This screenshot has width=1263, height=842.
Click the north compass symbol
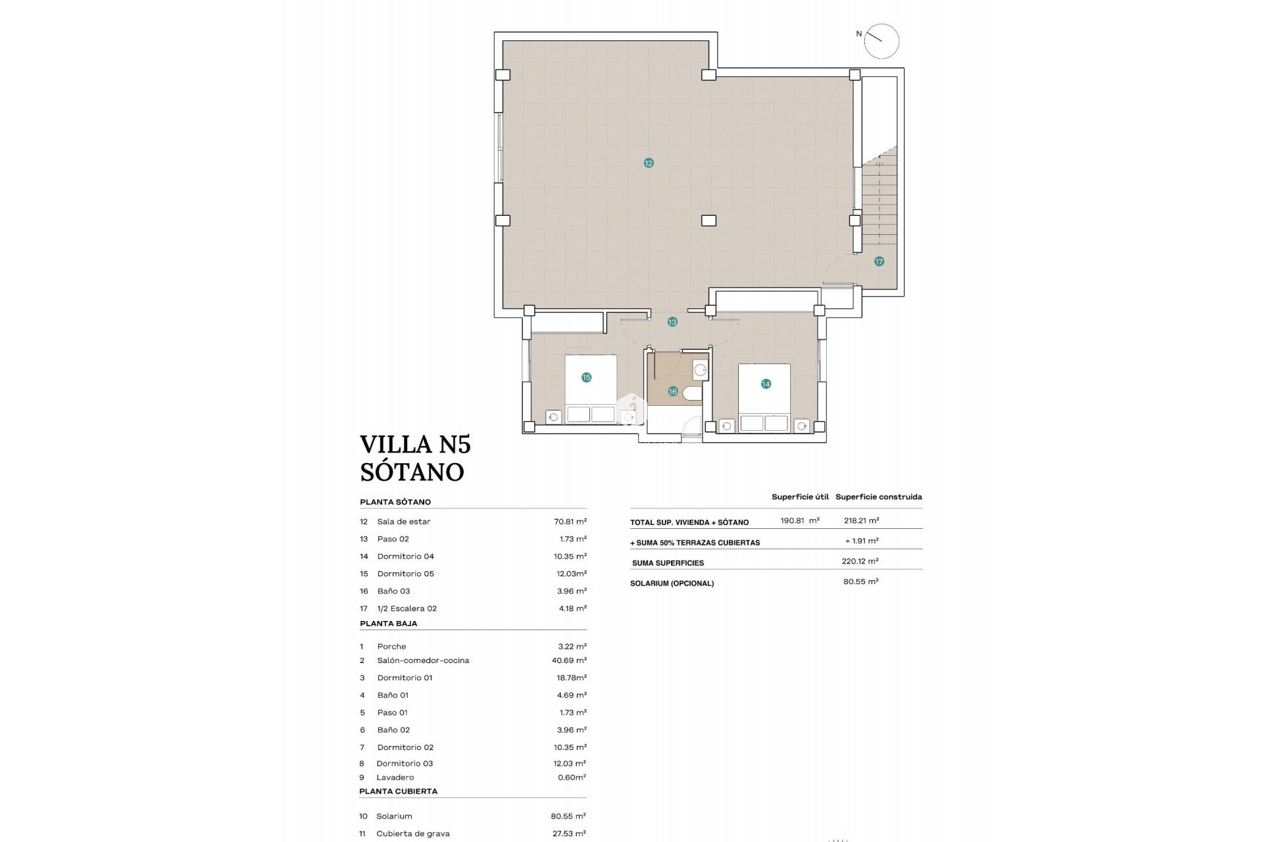pos(881,41)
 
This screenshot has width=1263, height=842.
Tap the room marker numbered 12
pos(649,163)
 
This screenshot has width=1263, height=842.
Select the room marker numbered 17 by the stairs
pos(879,262)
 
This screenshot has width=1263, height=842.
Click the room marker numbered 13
pos(672,322)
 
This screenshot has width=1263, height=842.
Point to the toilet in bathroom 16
pos(693,393)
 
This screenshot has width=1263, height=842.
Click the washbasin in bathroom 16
pos(700,370)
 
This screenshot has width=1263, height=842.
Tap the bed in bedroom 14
pos(764,398)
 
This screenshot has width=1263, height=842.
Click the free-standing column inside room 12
pos(708,221)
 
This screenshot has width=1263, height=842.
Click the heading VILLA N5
pos(415,445)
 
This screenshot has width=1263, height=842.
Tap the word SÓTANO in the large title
pos(412,472)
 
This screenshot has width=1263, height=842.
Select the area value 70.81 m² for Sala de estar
pos(570,522)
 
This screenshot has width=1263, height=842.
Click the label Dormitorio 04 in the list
pos(405,557)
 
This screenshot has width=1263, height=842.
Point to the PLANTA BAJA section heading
pos(388,624)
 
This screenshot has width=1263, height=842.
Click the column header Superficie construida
pos(878,497)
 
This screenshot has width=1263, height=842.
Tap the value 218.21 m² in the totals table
pos(861,520)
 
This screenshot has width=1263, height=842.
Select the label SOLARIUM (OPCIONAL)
pos(672,583)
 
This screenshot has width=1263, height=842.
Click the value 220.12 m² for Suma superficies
pos(861,561)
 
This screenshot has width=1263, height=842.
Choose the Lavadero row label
pos(395,778)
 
